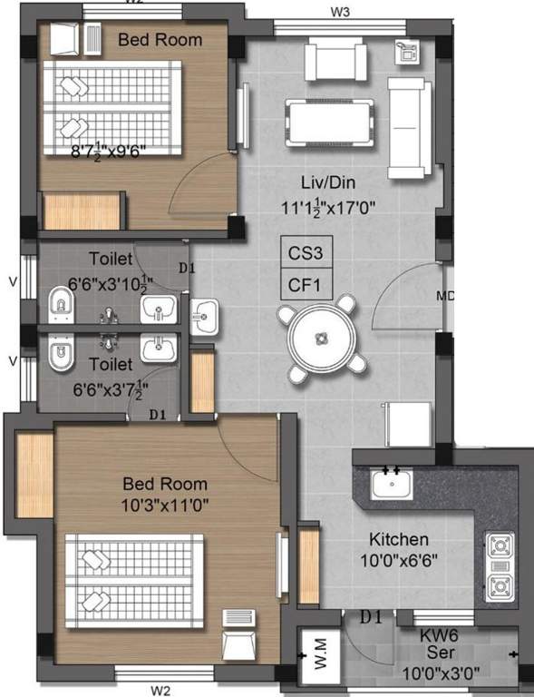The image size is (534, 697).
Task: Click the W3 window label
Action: pos(340,11)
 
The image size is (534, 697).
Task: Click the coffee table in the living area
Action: pos(330,118)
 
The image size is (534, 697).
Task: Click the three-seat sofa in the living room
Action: pos(408,127)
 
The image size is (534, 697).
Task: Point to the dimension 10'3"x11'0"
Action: pos(165,504)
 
